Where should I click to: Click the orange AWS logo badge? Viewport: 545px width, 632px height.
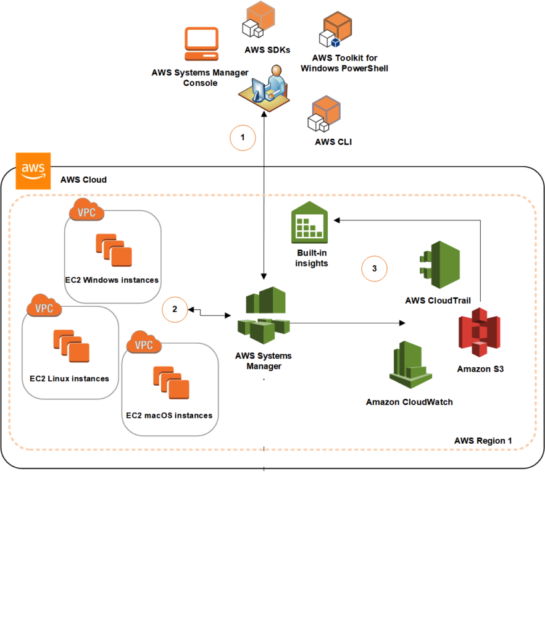[x=32, y=170]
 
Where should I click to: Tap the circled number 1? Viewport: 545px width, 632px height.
[x=243, y=138]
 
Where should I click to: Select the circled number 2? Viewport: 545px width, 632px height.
[x=175, y=310]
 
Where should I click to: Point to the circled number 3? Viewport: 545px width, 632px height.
[x=374, y=268]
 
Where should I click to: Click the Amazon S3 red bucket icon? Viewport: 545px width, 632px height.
[x=479, y=333]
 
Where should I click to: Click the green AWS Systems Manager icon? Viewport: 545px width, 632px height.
[x=264, y=315]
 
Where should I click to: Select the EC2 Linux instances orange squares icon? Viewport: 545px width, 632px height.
[x=71, y=346]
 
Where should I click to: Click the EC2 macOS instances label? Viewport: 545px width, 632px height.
[x=169, y=415]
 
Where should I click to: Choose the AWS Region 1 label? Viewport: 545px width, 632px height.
[x=483, y=441]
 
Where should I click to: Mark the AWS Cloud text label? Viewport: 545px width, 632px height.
[x=83, y=180]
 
